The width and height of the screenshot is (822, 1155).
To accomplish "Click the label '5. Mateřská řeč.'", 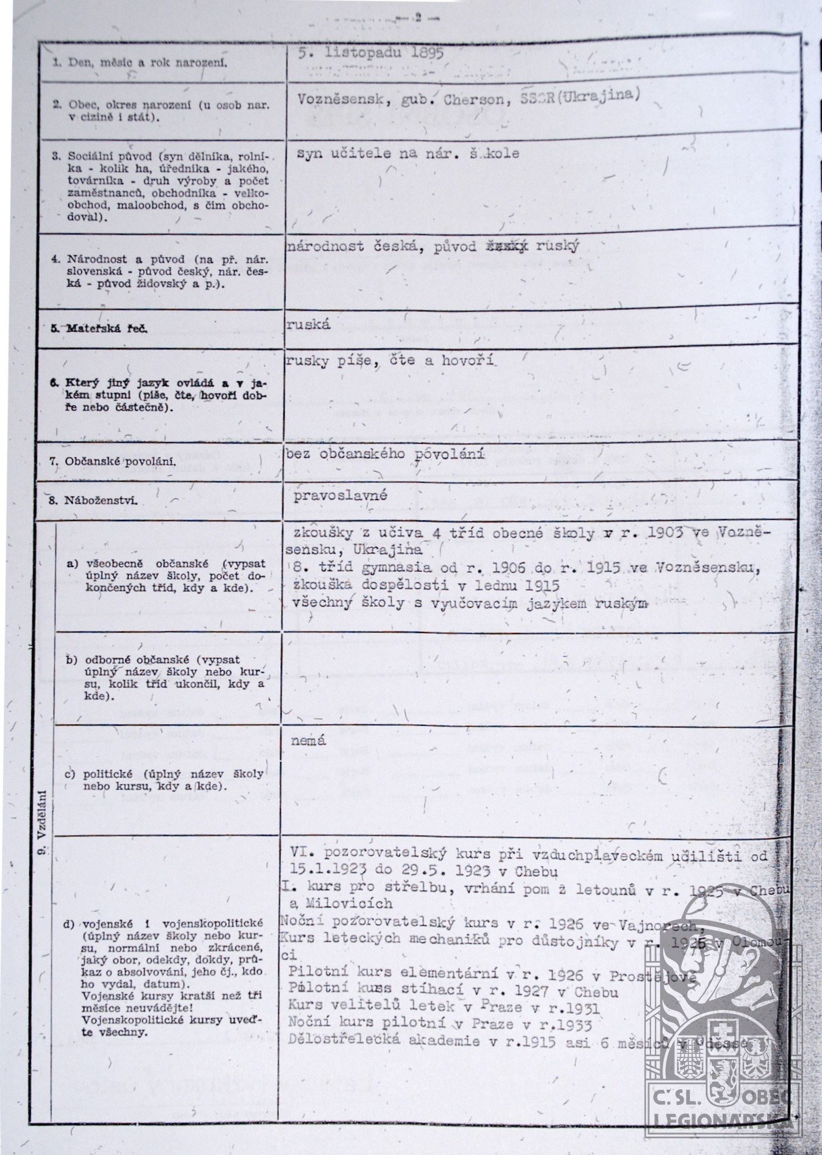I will coord(99,329).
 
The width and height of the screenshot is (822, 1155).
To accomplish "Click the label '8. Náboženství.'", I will coord(93,501).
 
